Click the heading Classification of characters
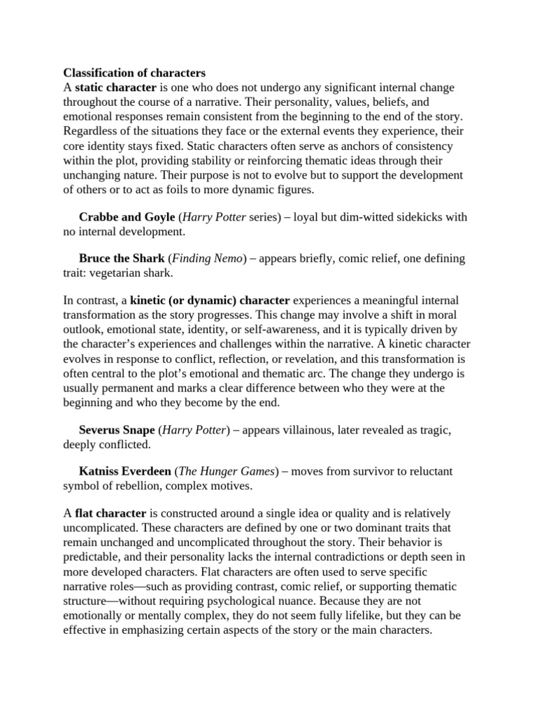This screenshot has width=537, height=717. pos(134,72)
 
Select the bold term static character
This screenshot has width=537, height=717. pos(115,88)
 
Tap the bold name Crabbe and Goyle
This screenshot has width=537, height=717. pos(127,217)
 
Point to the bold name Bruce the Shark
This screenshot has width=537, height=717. pos(122,258)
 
